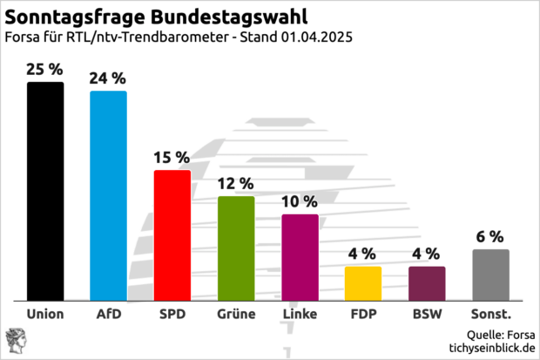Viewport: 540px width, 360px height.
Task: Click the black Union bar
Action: coord(45,191)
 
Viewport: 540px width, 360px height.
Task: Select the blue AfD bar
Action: coord(109,195)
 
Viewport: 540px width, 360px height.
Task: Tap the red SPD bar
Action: coord(172,234)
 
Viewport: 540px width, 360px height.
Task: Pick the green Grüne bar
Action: coord(236,248)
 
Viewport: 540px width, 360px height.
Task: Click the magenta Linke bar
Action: coord(300,256)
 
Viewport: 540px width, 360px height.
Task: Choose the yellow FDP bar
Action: coord(363,282)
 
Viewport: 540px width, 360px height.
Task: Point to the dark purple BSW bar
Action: coord(427,282)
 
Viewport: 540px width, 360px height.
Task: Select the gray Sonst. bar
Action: coord(490,274)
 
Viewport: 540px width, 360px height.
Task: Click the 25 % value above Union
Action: coord(45,68)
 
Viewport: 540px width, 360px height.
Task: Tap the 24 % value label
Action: coord(109,77)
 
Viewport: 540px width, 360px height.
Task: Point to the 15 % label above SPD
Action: coord(172,157)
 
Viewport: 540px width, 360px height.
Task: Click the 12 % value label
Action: coord(236,183)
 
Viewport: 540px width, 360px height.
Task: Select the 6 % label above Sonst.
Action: coord(490,236)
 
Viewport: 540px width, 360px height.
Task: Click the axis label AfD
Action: coord(109,313)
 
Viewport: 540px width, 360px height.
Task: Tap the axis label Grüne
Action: coord(236,313)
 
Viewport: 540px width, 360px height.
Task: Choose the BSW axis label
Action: coord(427,313)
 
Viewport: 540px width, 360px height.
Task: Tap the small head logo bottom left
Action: coord(16,340)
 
